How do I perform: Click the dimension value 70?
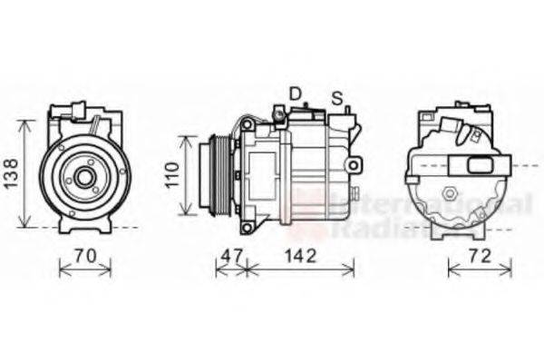click(x=84, y=256)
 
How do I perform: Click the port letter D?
click(x=295, y=93)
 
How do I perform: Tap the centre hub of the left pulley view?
click(x=84, y=178)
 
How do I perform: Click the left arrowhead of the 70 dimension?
click(x=60, y=267)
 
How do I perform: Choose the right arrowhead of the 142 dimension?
click(x=353, y=267)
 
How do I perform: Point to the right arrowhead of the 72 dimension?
click(x=510, y=267)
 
